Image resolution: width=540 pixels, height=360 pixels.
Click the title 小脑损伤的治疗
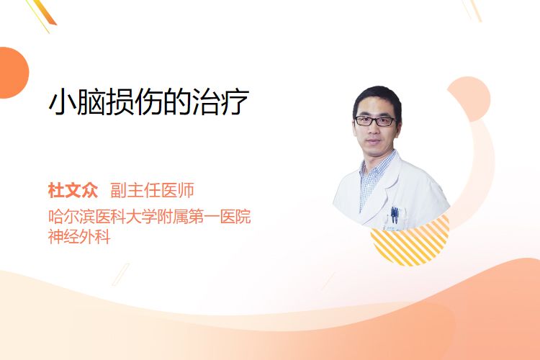point(149,102)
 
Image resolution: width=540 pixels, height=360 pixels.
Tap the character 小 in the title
point(62,102)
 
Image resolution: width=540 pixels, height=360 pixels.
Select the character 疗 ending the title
point(235,102)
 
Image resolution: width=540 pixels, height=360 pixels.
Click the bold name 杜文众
point(73,191)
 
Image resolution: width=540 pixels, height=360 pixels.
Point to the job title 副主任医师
point(152,191)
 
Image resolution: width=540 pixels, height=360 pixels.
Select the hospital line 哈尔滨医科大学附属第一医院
point(150,216)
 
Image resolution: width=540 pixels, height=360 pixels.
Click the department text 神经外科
point(79,237)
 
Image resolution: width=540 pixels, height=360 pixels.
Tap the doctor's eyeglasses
point(375,121)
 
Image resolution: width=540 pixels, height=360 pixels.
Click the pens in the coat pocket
point(395,215)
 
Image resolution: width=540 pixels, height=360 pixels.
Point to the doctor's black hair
point(377,98)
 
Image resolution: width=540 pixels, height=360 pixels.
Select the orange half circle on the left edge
point(13,73)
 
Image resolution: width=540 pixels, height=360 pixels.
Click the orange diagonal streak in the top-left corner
point(47,13)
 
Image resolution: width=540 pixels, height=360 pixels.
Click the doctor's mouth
point(373,142)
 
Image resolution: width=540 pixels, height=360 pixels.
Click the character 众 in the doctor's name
point(90,191)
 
